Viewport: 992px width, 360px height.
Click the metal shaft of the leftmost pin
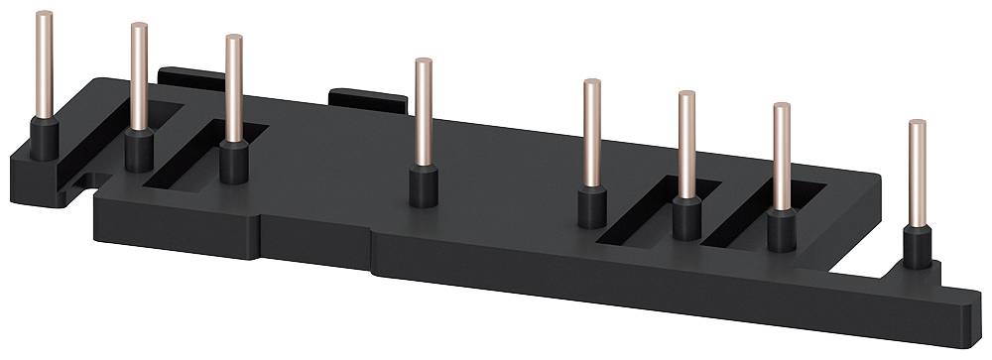tap(44, 64)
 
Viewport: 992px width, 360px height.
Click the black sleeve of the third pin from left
tap(234, 162)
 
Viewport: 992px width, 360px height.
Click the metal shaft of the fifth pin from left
tap(591, 133)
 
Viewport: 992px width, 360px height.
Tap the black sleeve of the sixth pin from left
tap(686, 217)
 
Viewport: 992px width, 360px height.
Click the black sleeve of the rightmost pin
tap(918, 247)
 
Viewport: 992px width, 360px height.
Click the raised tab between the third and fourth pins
tap(367, 99)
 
